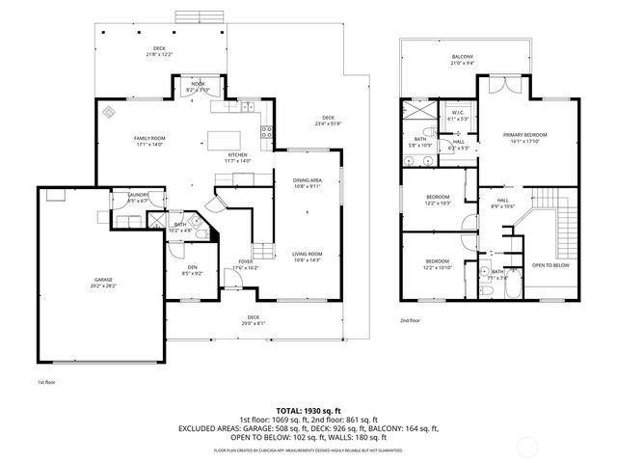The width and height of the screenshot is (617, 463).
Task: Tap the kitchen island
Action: pos(228,131)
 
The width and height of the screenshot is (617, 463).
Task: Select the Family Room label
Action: pos(149,142)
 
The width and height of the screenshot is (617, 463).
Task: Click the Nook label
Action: pos(198,87)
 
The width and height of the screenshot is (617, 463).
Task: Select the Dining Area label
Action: pos(308,183)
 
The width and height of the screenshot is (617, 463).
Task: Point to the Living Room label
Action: pos(308,257)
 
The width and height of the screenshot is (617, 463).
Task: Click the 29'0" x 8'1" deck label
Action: pos(253,319)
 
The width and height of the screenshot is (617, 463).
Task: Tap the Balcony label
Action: pos(462,61)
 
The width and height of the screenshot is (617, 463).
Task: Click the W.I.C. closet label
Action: pos(458,115)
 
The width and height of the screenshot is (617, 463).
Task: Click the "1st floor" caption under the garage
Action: pos(47,383)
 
